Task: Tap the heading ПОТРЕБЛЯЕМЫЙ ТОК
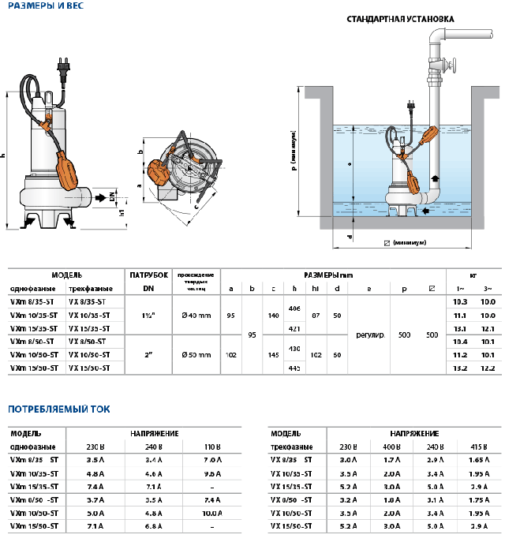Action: [59, 409]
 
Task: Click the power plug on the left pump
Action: [62, 69]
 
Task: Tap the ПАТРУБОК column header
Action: [148, 275]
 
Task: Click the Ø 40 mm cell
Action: [196, 315]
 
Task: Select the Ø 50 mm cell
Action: [196, 355]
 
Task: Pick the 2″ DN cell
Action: [148, 355]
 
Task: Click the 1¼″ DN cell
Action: [148, 315]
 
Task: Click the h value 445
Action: [295, 368]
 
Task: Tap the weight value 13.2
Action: [461, 368]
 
